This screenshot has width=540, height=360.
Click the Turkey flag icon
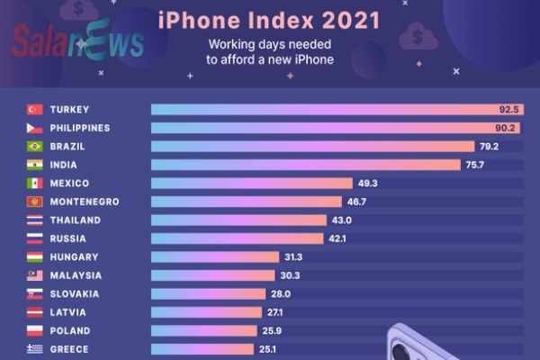(x=35, y=110)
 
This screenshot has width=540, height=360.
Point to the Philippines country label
(x=80, y=128)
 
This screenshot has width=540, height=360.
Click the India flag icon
(x=35, y=165)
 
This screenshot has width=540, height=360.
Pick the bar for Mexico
(x=252, y=184)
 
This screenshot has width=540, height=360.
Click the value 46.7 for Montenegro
(x=319, y=202)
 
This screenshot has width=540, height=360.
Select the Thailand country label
(x=76, y=220)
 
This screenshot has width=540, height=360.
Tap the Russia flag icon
(x=35, y=238)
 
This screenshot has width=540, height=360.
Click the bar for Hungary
(x=216, y=257)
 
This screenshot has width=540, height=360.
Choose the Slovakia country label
(x=75, y=294)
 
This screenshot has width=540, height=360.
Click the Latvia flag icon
(x=35, y=312)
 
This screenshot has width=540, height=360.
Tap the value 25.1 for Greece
(x=270, y=349)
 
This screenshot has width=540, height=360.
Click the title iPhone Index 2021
(x=269, y=19)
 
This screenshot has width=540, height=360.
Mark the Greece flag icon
(x=35, y=349)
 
